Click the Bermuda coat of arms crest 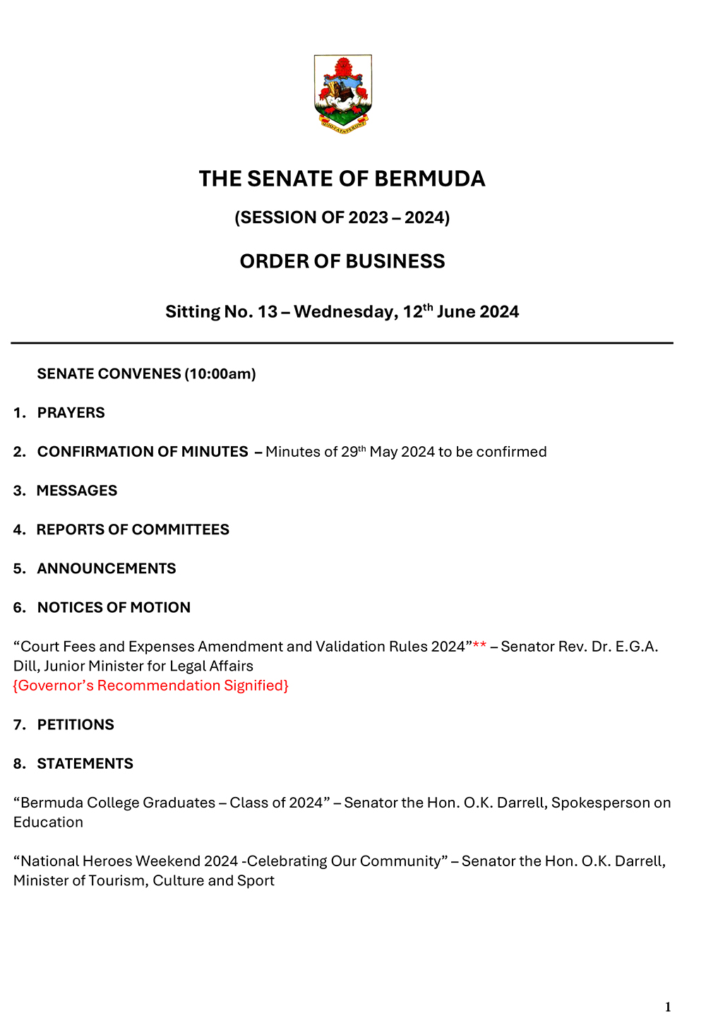342,93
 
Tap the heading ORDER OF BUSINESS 342,261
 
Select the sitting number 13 268,312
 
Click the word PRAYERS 71,413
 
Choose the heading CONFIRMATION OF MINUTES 143,452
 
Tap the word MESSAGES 77,491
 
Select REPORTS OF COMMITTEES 133,529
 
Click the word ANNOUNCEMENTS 107,568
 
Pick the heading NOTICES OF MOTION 114,608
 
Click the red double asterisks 479,646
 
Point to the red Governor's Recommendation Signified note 151,685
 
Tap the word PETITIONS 76,725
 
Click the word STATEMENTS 85,764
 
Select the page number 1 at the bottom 668,1007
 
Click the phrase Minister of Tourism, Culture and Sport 144,880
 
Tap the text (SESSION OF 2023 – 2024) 342,217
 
